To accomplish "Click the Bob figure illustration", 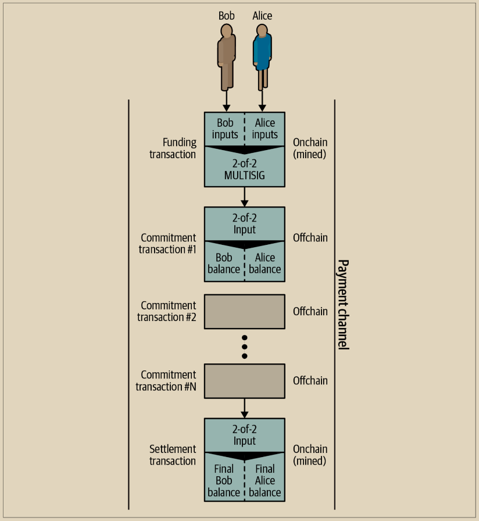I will click(227, 57).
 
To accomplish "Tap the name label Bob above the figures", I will click(227, 16).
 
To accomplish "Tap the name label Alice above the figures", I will click(262, 16).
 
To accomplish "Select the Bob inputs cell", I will click(225, 129).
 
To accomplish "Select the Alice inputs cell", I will click(264, 129).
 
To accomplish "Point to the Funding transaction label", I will click(173, 148).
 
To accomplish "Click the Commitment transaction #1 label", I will click(169, 244).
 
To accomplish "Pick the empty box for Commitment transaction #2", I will click(245, 312).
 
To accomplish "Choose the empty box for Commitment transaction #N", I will click(245, 381).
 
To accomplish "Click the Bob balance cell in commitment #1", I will click(224, 263).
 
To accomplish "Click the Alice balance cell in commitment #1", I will click(265, 263).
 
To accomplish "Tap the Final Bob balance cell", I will click(224, 480).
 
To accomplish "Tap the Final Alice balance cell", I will click(265, 480).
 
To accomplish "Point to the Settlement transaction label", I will click(173, 455).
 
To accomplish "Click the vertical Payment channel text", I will click(343, 304).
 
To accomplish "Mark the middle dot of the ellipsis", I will click(245, 347).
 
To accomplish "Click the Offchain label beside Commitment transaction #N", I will click(310, 381).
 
